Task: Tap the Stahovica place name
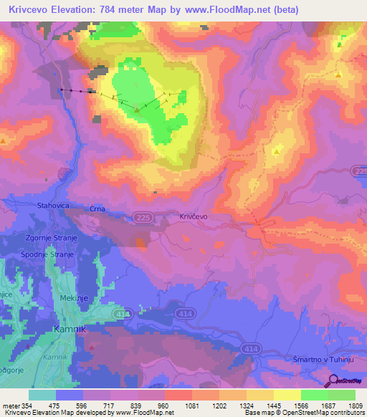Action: click(x=53, y=206)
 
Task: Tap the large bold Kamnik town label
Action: click(x=70, y=330)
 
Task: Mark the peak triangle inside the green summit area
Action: click(x=136, y=111)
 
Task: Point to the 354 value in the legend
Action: click(x=27, y=406)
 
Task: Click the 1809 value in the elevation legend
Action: click(x=354, y=406)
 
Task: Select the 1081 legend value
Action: click(x=191, y=406)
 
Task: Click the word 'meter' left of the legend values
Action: click(x=9, y=406)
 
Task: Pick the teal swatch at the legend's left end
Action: click(x=42, y=395)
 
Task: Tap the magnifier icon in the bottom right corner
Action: click(x=332, y=380)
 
